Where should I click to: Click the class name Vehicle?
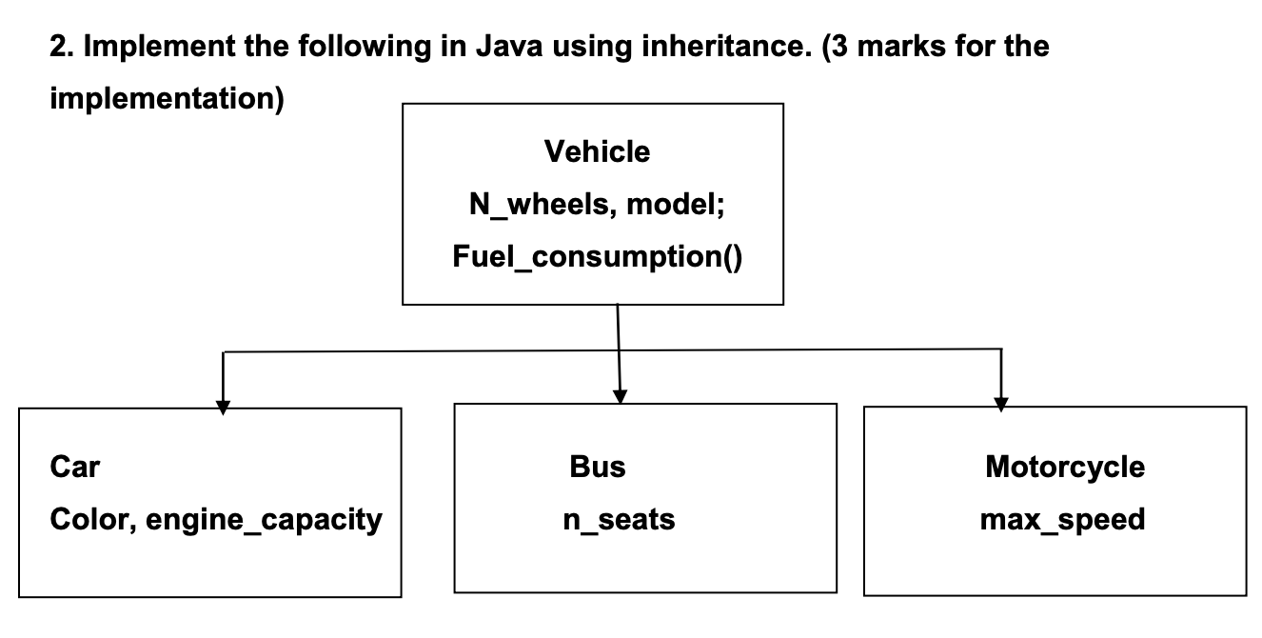597,151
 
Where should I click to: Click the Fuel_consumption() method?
597,258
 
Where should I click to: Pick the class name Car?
74,467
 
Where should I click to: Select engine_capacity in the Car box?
264,521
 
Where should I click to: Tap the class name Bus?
597,467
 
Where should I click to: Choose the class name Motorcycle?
1064,467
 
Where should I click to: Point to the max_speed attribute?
1062,521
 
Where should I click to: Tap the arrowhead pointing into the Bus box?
621,397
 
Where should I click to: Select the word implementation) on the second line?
167,99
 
